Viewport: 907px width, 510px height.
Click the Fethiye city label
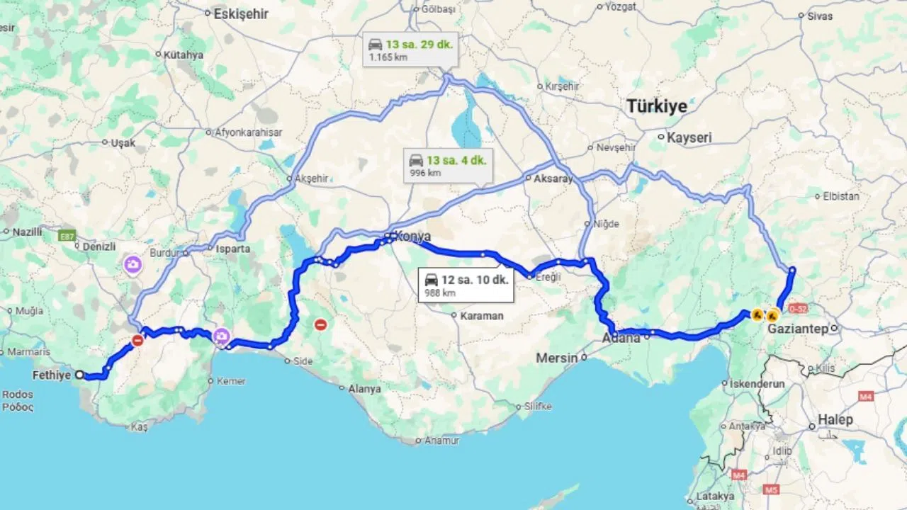pos(52,375)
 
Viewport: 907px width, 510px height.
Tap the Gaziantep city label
pos(800,329)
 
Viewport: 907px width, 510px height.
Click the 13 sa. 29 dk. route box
pos(410,50)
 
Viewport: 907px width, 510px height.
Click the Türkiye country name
pos(656,107)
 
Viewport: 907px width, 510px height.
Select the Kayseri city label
pos(689,138)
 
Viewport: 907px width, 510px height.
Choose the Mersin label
pos(556,358)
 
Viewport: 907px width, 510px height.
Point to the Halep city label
pos(835,420)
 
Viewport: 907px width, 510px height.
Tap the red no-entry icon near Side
pos(320,325)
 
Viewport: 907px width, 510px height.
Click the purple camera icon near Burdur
pos(133,266)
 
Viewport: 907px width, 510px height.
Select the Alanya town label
pos(365,389)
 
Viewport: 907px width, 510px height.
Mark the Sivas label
pos(820,16)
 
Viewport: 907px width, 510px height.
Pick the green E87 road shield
pos(67,237)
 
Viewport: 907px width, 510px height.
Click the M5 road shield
pos(771,489)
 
